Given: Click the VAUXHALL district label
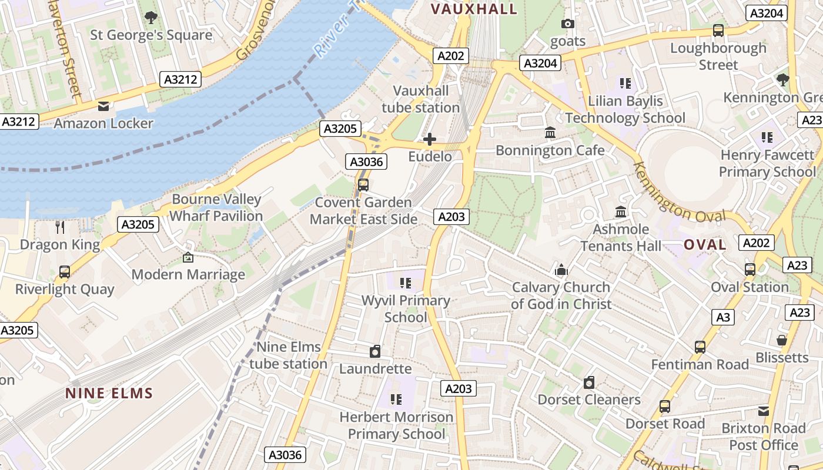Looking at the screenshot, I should click(474, 9).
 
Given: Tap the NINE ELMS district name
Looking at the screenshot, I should click(109, 394).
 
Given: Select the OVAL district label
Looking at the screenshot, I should click(705, 245).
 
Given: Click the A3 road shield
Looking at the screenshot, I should click(723, 318).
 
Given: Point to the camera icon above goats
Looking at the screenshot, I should click(567, 24).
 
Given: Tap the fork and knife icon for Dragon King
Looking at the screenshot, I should click(59, 227).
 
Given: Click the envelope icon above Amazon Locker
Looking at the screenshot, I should click(103, 106).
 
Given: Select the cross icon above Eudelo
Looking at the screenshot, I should click(430, 139).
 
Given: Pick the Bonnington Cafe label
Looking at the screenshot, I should click(550, 150).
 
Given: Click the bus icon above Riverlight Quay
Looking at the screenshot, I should click(65, 272).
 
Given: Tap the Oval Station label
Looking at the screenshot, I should click(750, 287).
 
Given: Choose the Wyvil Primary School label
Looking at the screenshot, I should click(406, 308).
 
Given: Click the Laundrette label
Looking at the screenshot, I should click(375, 369).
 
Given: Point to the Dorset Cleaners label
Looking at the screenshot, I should click(589, 400).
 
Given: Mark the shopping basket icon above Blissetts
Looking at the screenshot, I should click(781, 340).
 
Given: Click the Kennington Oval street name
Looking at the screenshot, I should click(678, 193).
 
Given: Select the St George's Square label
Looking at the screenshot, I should click(151, 35).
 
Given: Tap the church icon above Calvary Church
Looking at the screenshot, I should click(561, 270).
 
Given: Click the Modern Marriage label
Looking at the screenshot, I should click(188, 274).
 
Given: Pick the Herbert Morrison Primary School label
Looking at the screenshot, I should click(397, 425).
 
